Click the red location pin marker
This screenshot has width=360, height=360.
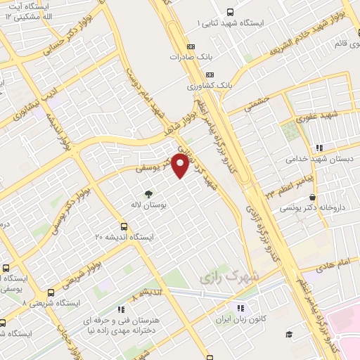point(181,165)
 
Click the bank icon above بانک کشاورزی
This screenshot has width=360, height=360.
point(210,75)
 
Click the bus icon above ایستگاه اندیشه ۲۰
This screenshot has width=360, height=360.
point(124,226)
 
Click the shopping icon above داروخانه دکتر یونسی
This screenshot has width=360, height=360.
point(312,197)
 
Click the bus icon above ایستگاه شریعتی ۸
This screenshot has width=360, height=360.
point(51,292)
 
